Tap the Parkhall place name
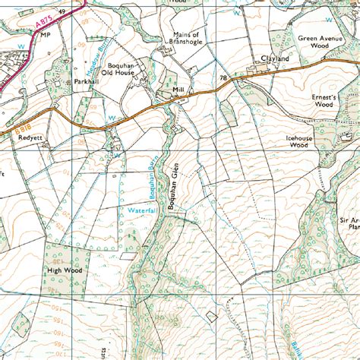87,81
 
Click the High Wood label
65,269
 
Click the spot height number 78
223,78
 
